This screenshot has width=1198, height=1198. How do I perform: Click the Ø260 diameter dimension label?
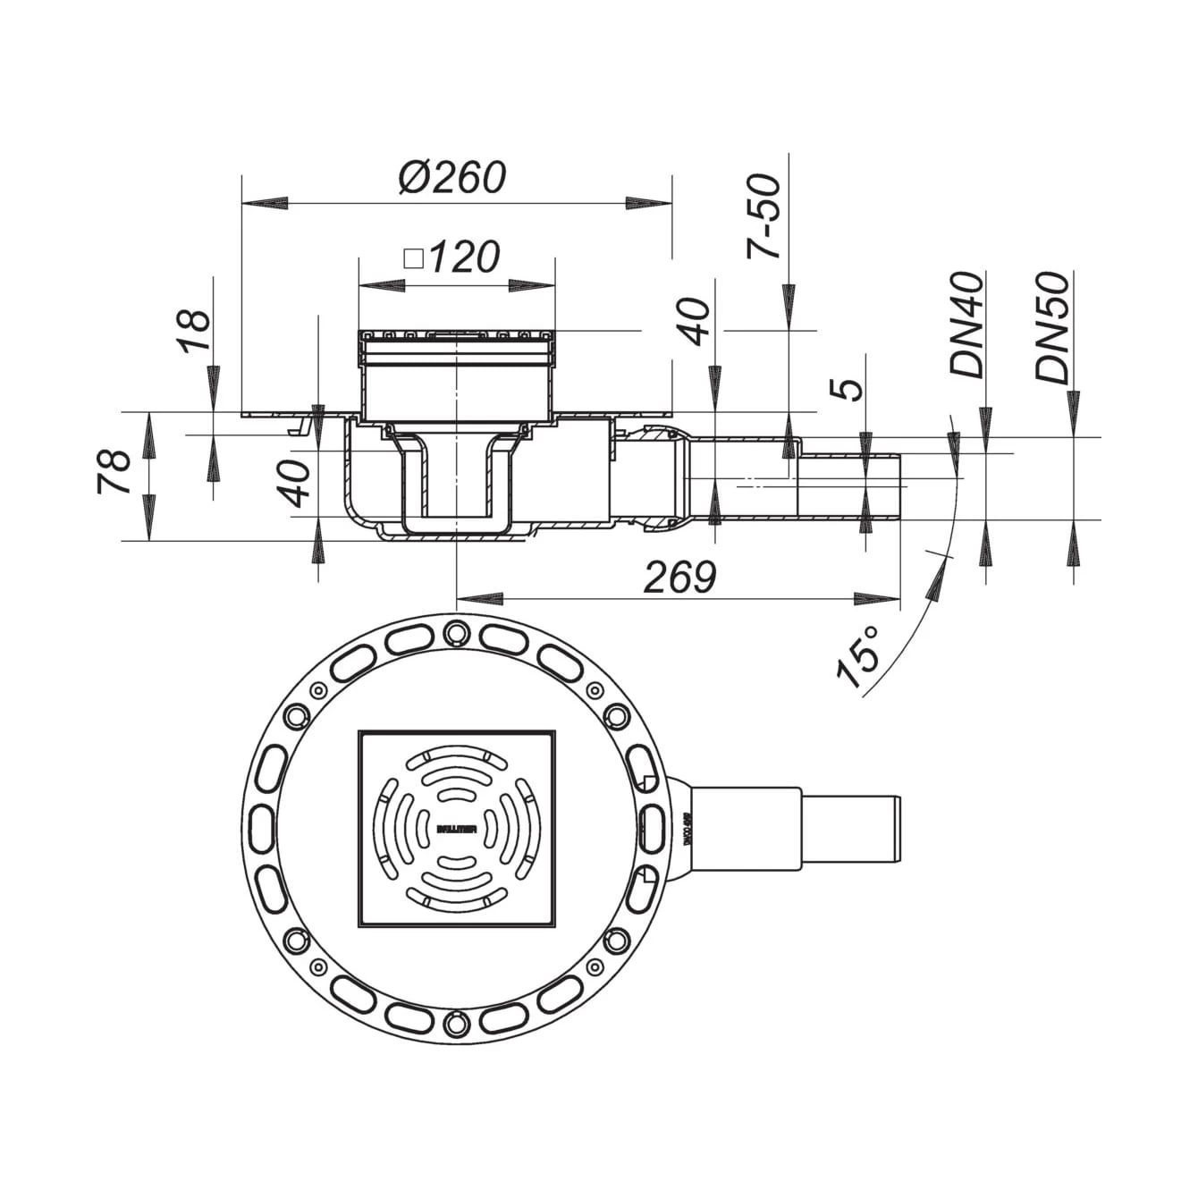tap(452, 177)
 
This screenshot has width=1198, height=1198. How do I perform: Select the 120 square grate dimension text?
tap(463, 258)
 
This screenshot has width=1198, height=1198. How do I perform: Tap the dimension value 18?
tap(196, 331)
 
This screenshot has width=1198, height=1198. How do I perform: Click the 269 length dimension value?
tap(680, 578)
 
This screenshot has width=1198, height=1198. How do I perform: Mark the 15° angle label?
tap(858, 656)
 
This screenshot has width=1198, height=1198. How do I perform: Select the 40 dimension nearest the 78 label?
tap(301, 484)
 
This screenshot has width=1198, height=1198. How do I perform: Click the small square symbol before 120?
tap(413, 259)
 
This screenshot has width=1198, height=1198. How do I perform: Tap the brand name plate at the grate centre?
tap(457, 829)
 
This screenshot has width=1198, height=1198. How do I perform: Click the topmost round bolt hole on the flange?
tap(457, 629)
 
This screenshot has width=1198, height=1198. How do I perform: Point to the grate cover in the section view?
tap(457, 337)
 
